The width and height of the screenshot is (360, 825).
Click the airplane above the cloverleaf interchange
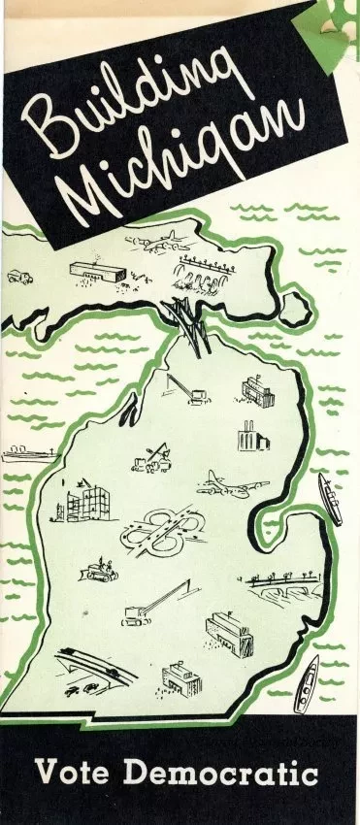click(220, 481)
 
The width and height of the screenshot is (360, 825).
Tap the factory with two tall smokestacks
click(246, 436)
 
